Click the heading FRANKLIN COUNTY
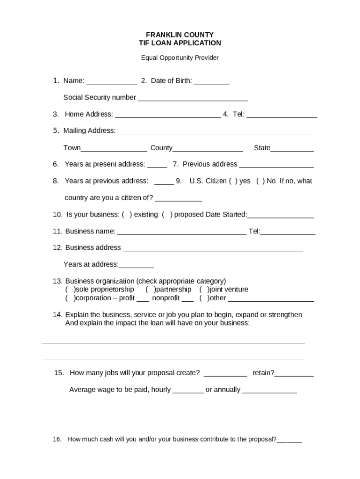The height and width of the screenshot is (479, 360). (x=180, y=35)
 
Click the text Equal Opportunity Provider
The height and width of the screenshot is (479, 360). (x=180, y=58)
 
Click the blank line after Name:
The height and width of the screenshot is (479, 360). (x=112, y=81)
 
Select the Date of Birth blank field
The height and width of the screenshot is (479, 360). (x=211, y=81)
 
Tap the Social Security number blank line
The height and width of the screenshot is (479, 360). (x=193, y=98)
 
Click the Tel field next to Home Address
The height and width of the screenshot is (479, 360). (x=281, y=115)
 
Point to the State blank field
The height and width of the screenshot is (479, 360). (x=292, y=149)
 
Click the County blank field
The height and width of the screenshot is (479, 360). (x=208, y=149)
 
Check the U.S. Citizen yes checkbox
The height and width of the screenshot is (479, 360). (x=233, y=181)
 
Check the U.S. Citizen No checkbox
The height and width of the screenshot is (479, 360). (x=260, y=181)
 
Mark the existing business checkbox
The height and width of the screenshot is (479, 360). (x=127, y=215)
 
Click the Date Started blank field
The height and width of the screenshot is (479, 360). (x=281, y=215)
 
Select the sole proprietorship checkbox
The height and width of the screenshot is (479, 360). (x=70, y=290)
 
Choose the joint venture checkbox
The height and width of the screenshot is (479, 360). (x=204, y=290)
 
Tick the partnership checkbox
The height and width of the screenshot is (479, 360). (x=150, y=290)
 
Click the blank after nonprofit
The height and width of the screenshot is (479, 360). (x=187, y=299)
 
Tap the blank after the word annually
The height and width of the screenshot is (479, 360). (x=269, y=391)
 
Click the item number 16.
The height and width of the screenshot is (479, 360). (x=57, y=439)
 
